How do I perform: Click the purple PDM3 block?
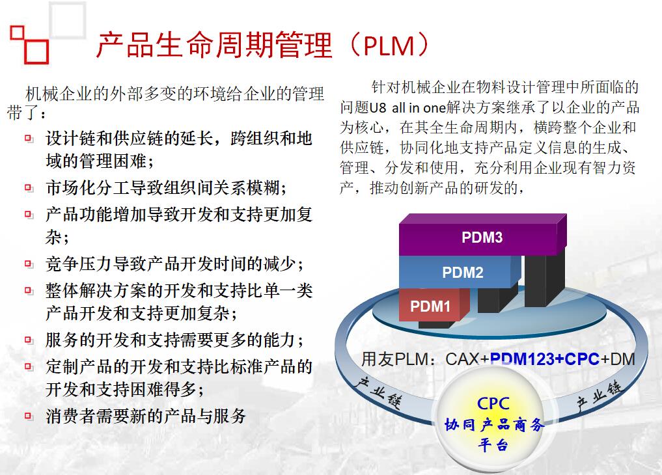point(482,234)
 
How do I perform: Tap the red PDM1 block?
point(434,305)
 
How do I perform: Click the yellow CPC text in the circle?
point(493,403)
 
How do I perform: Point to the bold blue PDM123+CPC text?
point(545,359)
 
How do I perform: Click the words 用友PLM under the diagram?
point(395,359)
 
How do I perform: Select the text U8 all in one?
point(408,107)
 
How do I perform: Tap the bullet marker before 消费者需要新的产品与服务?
point(29,416)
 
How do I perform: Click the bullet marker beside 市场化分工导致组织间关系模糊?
point(29,187)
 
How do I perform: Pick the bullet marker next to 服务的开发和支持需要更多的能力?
point(29,340)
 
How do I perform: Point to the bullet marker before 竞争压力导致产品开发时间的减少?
point(29,264)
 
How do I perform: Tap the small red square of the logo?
point(17,33)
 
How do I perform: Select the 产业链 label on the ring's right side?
point(600,396)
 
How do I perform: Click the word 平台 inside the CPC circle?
point(493,444)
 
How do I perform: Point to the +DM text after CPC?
point(618,359)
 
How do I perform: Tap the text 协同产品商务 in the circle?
point(494,424)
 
